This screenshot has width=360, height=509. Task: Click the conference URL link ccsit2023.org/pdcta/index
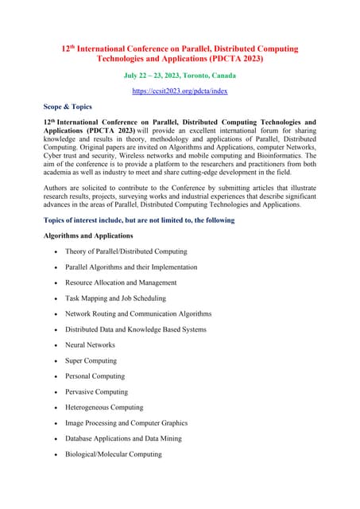tap(180, 91)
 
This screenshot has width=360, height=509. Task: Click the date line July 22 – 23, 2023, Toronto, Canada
tap(180, 76)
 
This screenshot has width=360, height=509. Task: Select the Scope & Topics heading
tap(68, 107)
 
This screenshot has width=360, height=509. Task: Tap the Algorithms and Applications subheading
tap(89, 235)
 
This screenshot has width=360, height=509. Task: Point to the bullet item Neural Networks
tap(90, 345)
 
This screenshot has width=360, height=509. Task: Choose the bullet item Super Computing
tap(91, 360)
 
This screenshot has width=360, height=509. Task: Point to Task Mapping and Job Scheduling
tap(115, 298)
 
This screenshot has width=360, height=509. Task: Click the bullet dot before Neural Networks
tap(54, 346)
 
